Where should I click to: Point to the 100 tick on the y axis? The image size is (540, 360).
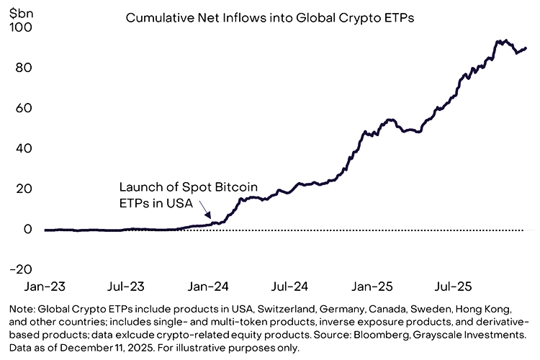click(21, 27)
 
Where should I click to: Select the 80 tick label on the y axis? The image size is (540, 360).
click(24, 68)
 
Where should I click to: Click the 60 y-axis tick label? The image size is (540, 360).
click(24, 108)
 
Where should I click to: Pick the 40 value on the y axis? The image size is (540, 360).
click(24, 148)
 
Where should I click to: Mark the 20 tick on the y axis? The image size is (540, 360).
click(24, 189)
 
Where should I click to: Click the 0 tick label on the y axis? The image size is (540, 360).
click(28, 229)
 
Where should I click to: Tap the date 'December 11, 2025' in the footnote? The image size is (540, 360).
click(117, 347)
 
